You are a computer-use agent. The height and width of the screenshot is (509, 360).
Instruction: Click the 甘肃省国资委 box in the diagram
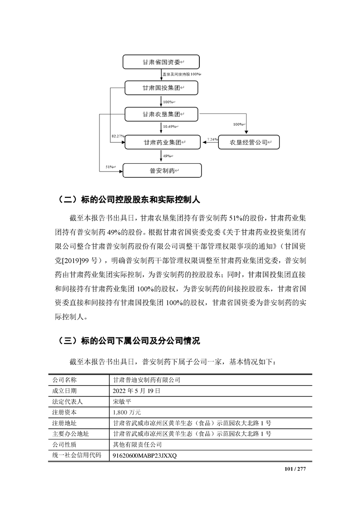click(x=161, y=62)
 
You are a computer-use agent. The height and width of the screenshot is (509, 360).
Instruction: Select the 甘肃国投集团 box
click(x=161, y=88)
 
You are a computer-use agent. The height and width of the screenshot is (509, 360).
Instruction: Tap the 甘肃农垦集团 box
click(x=161, y=114)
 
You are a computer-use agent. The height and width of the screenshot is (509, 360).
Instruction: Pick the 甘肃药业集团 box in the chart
click(x=162, y=142)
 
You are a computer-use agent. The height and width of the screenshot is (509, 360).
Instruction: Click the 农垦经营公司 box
click(x=248, y=142)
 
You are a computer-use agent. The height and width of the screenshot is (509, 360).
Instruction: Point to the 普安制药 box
click(x=162, y=171)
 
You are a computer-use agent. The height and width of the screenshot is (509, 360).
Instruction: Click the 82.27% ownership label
click(x=117, y=136)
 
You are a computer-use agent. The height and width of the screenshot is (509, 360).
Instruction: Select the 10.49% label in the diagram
click(x=170, y=127)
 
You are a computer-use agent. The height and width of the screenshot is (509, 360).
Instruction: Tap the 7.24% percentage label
click(x=212, y=139)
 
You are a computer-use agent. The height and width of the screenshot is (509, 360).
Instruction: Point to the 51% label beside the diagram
click(x=110, y=167)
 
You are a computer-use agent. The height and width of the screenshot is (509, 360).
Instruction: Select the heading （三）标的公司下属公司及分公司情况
click(x=129, y=340)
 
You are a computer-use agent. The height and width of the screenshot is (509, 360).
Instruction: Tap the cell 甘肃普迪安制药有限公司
click(x=147, y=380)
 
